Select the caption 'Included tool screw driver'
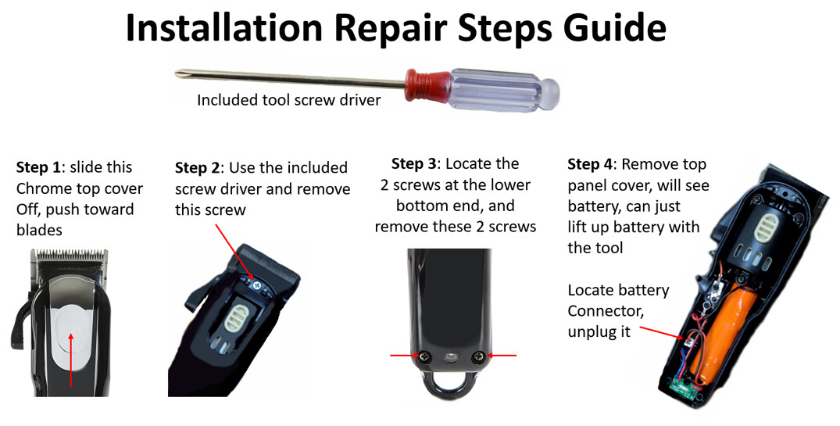tap(288, 100)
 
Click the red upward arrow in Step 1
tap(71, 360)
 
